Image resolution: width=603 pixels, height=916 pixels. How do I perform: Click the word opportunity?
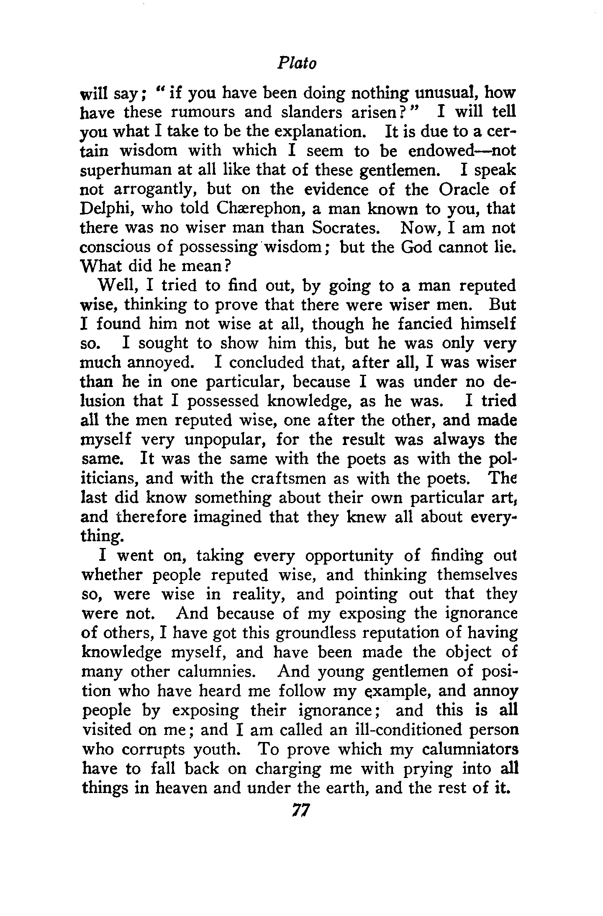click(x=349, y=556)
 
